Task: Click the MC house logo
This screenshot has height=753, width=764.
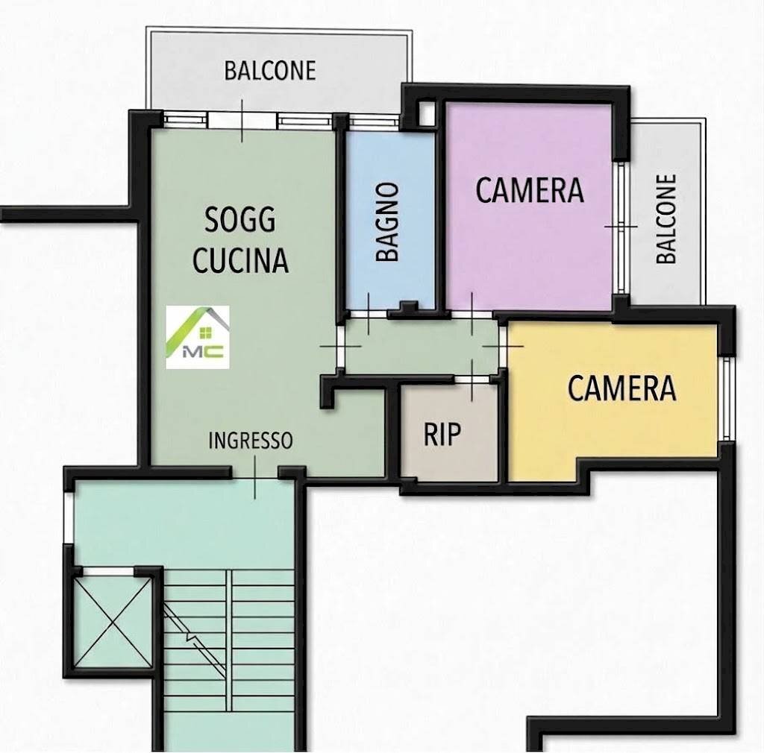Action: click(x=197, y=337)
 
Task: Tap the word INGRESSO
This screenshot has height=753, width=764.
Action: click(x=251, y=441)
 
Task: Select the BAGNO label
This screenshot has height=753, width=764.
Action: click(x=389, y=222)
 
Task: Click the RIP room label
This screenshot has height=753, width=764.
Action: click(x=442, y=434)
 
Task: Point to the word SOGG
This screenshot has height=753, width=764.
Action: click(x=239, y=219)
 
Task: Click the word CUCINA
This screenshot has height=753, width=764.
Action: click(x=241, y=260)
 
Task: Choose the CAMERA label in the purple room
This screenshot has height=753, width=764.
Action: click(x=530, y=190)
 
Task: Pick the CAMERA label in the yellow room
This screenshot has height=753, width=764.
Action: click(x=622, y=388)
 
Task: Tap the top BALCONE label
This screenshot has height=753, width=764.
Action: click(x=270, y=71)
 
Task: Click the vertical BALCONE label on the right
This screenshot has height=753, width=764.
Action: click(x=666, y=219)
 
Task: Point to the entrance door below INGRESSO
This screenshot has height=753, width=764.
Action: click(x=255, y=471)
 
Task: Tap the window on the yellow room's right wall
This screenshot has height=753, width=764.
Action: click(x=726, y=399)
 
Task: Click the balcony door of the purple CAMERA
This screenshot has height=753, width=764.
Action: click(x=621, y=227)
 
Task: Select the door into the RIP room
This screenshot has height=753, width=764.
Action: click(x=472, y=379)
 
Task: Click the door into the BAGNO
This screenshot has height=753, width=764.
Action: click(x=369, y=314)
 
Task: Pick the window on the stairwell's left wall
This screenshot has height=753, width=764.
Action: click(x=69, y=517)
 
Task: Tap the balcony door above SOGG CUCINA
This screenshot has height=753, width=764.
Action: click(x=242, y=120)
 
